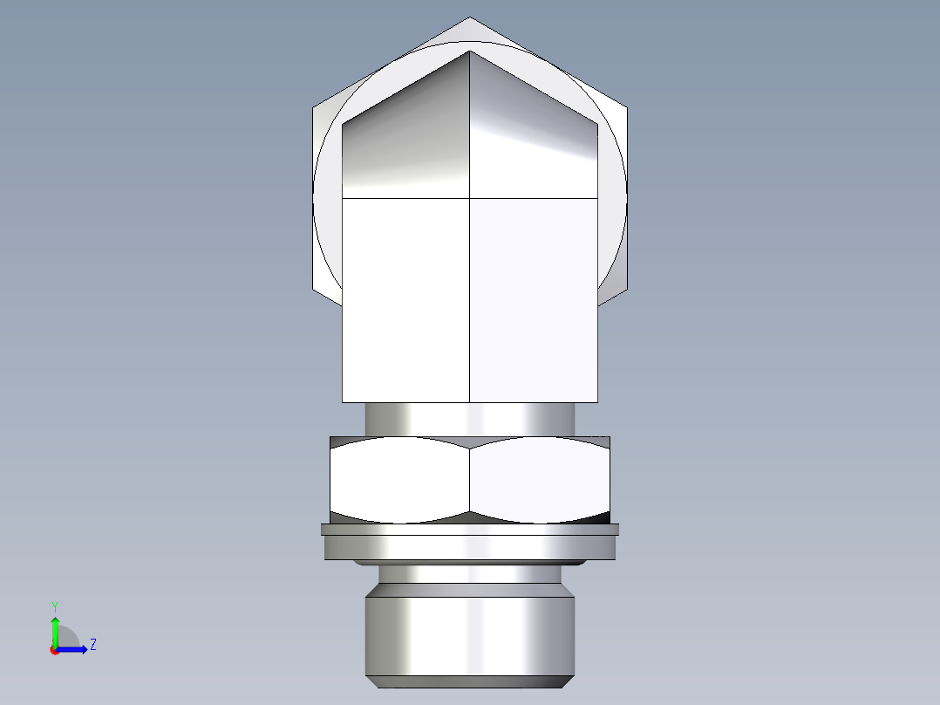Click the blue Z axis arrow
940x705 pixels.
(75, 648)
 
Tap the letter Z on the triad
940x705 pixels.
(92, 645)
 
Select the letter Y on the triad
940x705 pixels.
(54, 606)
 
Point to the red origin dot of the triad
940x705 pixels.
(54, 650)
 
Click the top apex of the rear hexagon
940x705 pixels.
(470, 19)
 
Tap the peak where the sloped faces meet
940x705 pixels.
(471, 51)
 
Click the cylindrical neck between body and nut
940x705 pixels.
(470, 419)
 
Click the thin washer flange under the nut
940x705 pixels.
(470, 529)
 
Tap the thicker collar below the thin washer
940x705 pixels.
(470, 547)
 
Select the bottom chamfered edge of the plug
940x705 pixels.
(470, 681)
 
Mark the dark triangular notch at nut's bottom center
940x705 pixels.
(470, 517)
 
